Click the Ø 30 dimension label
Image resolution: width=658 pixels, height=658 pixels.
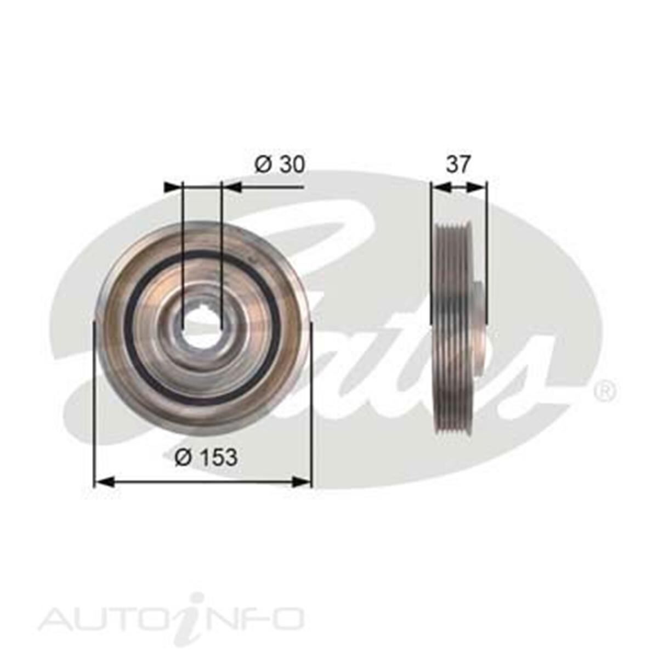click(279, 164)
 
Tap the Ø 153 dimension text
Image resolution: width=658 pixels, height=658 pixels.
click(206, 456)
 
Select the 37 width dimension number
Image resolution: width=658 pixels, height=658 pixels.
click(458, 164)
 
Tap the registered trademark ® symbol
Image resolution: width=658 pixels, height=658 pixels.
click(604, 390)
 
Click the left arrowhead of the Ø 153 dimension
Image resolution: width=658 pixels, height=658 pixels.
click(104, 482)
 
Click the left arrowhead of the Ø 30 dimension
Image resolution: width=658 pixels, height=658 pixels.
click(173, 187)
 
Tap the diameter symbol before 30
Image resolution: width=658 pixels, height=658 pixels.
click(262, 164)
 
